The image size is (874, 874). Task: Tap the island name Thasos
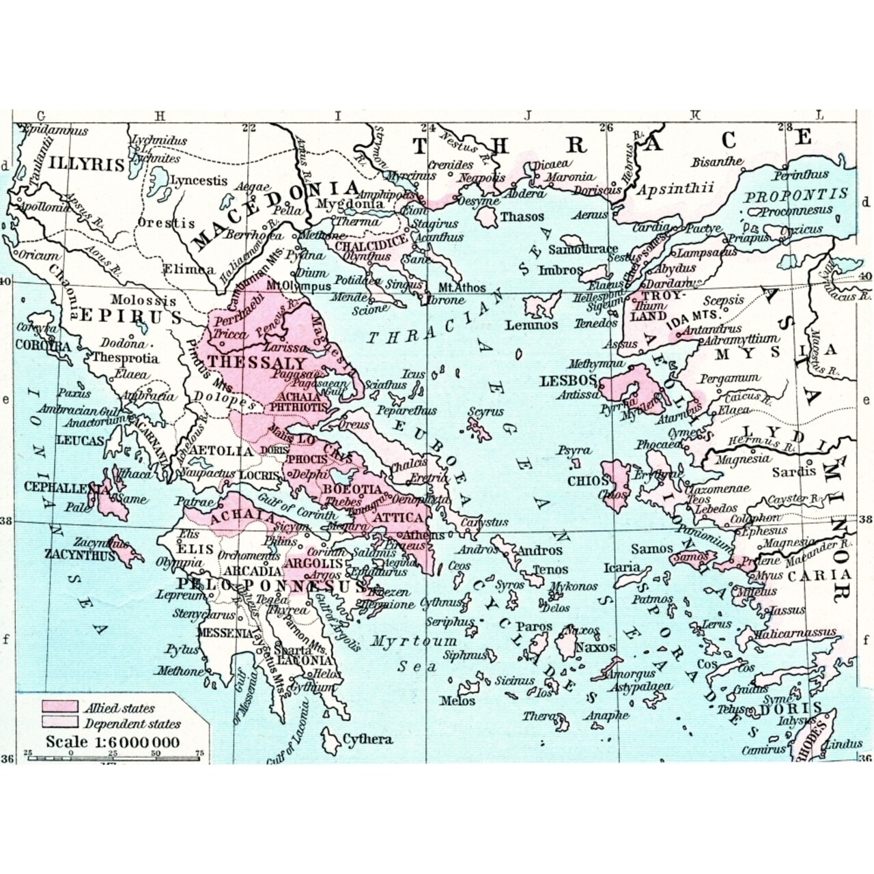pyautogui.click(x=522, y=216)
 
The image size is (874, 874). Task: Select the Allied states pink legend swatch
pyautogui.click(x=59, y=707)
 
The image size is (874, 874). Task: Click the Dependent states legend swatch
pyautogui.click(x=59, y=723)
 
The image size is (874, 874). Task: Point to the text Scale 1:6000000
pyautogui.click(x=113, y=742)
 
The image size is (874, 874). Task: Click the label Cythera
pyautogui.click(x=367, y=739)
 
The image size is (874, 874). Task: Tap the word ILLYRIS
pyautogui.click(x=87, y=165)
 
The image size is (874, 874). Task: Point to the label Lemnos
pyautogui.click(x=532, y=325)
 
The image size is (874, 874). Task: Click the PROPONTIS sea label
pyautogui.click(x=795, y=195)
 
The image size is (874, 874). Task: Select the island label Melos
pyautogui.click(x=457, y=701)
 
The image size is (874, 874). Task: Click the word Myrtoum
pyautogui.click(x=414, y=641)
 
